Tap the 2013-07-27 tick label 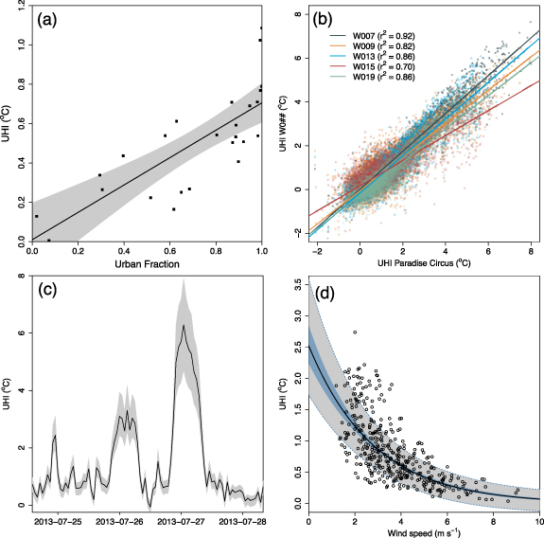tap(181, 520)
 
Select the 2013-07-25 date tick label tap(59, 520)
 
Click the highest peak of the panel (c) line tap(184, 325)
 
